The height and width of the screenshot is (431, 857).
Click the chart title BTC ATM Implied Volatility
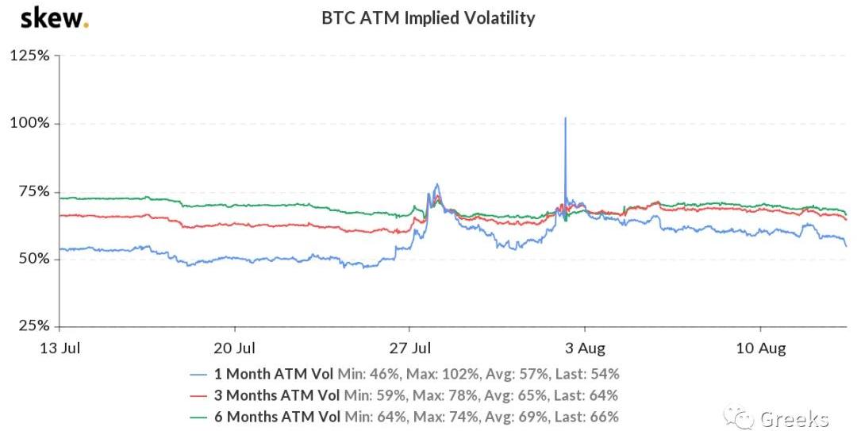[428, 17]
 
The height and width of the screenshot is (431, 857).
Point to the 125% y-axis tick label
[30, 56]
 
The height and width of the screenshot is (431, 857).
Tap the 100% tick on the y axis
[30, 124]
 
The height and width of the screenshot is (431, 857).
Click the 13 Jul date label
[60, 348]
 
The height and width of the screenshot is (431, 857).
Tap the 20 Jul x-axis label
[236, 348]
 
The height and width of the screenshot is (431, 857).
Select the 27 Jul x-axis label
[410, 348]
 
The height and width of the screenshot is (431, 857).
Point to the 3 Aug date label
[586, 348]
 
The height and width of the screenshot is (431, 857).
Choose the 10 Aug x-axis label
[760, 348]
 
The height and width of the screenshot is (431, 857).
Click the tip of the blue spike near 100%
[565, 118]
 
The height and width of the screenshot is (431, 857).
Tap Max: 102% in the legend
[431, 373]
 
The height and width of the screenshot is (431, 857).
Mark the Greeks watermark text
[794, 418]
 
